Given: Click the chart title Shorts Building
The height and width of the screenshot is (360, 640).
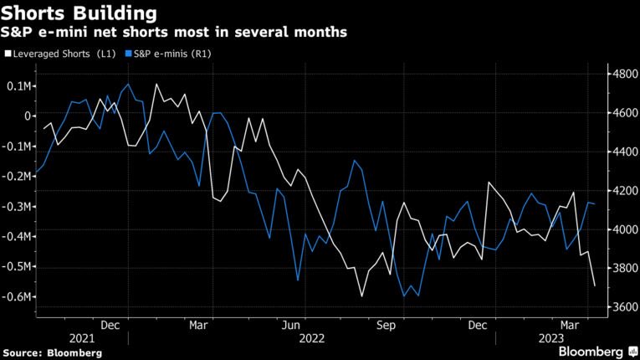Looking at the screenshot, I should coord(79,13).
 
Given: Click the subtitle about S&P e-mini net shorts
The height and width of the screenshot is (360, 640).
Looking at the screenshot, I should coord(175,32).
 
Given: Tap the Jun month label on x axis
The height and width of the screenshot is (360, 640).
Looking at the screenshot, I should coord(291,324).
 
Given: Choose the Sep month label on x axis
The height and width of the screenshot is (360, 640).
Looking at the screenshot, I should coord(386,324).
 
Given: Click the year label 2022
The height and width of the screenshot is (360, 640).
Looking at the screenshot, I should coord(310,337).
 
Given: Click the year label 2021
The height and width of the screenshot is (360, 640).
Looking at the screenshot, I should coord(81,337).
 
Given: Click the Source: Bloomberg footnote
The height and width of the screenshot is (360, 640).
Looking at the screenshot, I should coord(52,353).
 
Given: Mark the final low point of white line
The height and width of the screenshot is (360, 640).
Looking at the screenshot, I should coord(595,286).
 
